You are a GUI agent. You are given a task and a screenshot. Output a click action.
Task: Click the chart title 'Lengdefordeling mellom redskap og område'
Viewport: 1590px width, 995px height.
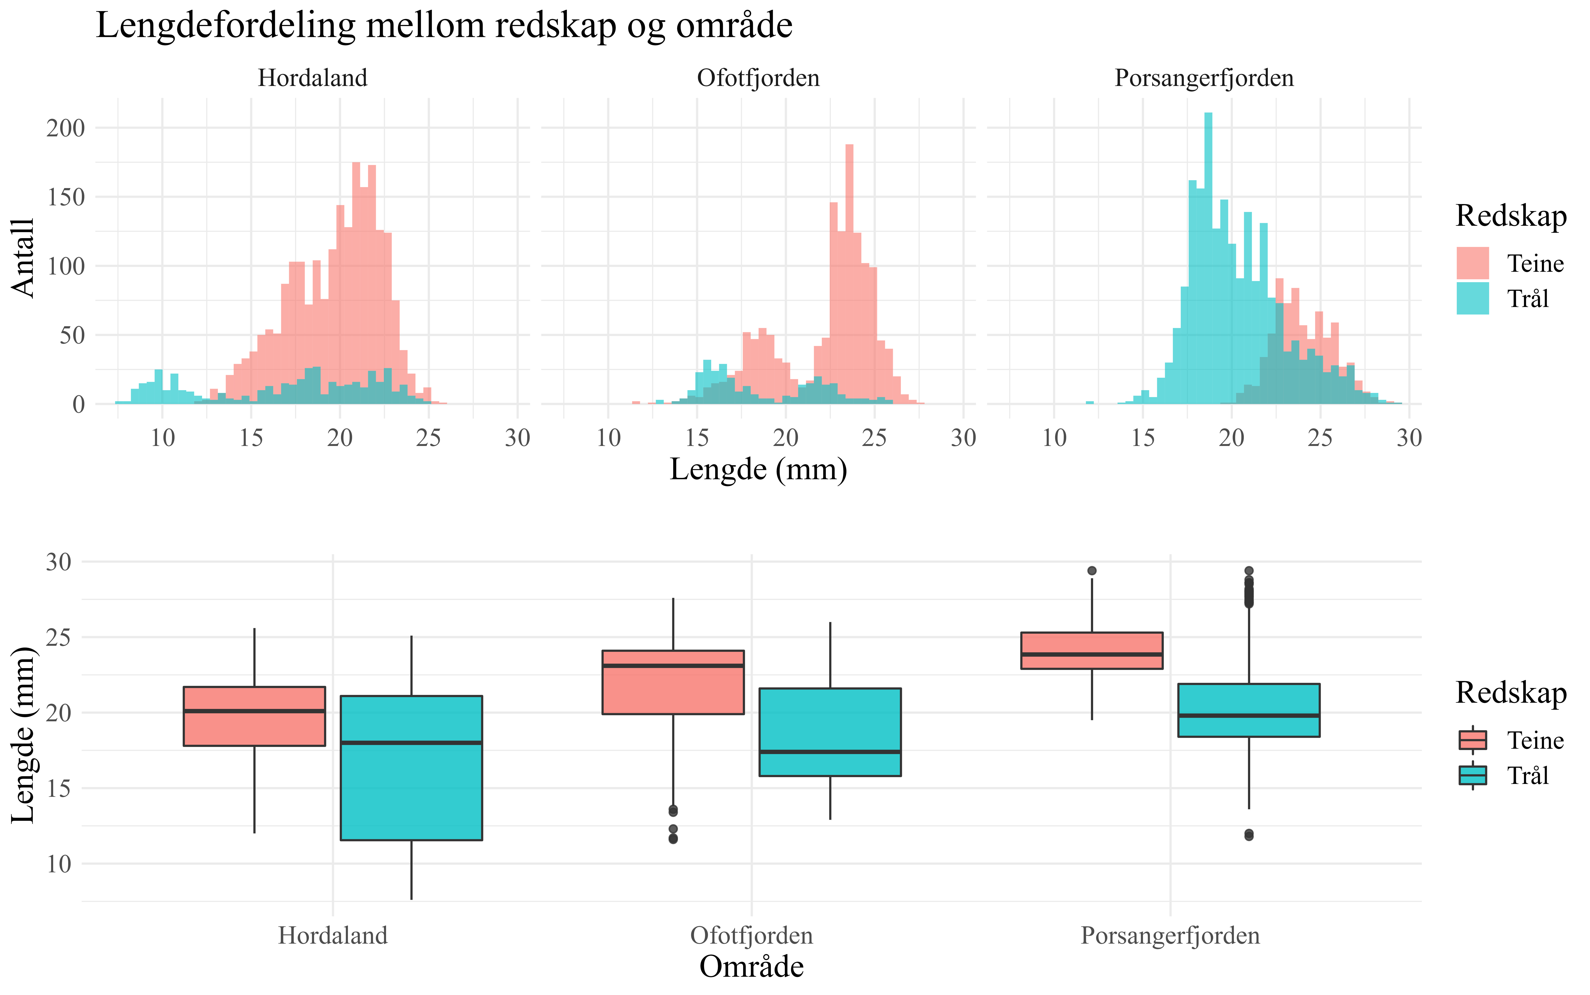(x=444, y=26)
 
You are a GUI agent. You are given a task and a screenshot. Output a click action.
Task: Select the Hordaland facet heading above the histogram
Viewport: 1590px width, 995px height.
(x=312, y=78)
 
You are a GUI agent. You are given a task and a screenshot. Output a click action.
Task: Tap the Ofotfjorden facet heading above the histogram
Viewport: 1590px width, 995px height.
(x=758, y=78)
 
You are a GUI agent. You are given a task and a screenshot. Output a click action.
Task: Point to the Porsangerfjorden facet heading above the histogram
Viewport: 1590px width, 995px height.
(x=1204, y=78)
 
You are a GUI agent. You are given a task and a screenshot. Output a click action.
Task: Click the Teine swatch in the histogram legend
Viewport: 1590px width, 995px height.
(x=1472, y=263)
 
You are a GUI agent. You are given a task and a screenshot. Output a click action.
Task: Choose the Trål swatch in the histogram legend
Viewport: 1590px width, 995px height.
(x=1472, y=299)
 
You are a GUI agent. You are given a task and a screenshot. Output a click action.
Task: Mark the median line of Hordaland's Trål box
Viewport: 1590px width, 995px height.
(x=411, y=743)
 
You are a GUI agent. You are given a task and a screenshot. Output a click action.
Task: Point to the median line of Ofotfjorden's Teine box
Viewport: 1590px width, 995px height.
(x=673, y=665)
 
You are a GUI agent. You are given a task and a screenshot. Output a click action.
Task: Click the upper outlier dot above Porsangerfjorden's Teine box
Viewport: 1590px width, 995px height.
(x=1092, y=571)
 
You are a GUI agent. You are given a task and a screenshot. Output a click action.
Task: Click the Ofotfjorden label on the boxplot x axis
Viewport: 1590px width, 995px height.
(x=751, y=935)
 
